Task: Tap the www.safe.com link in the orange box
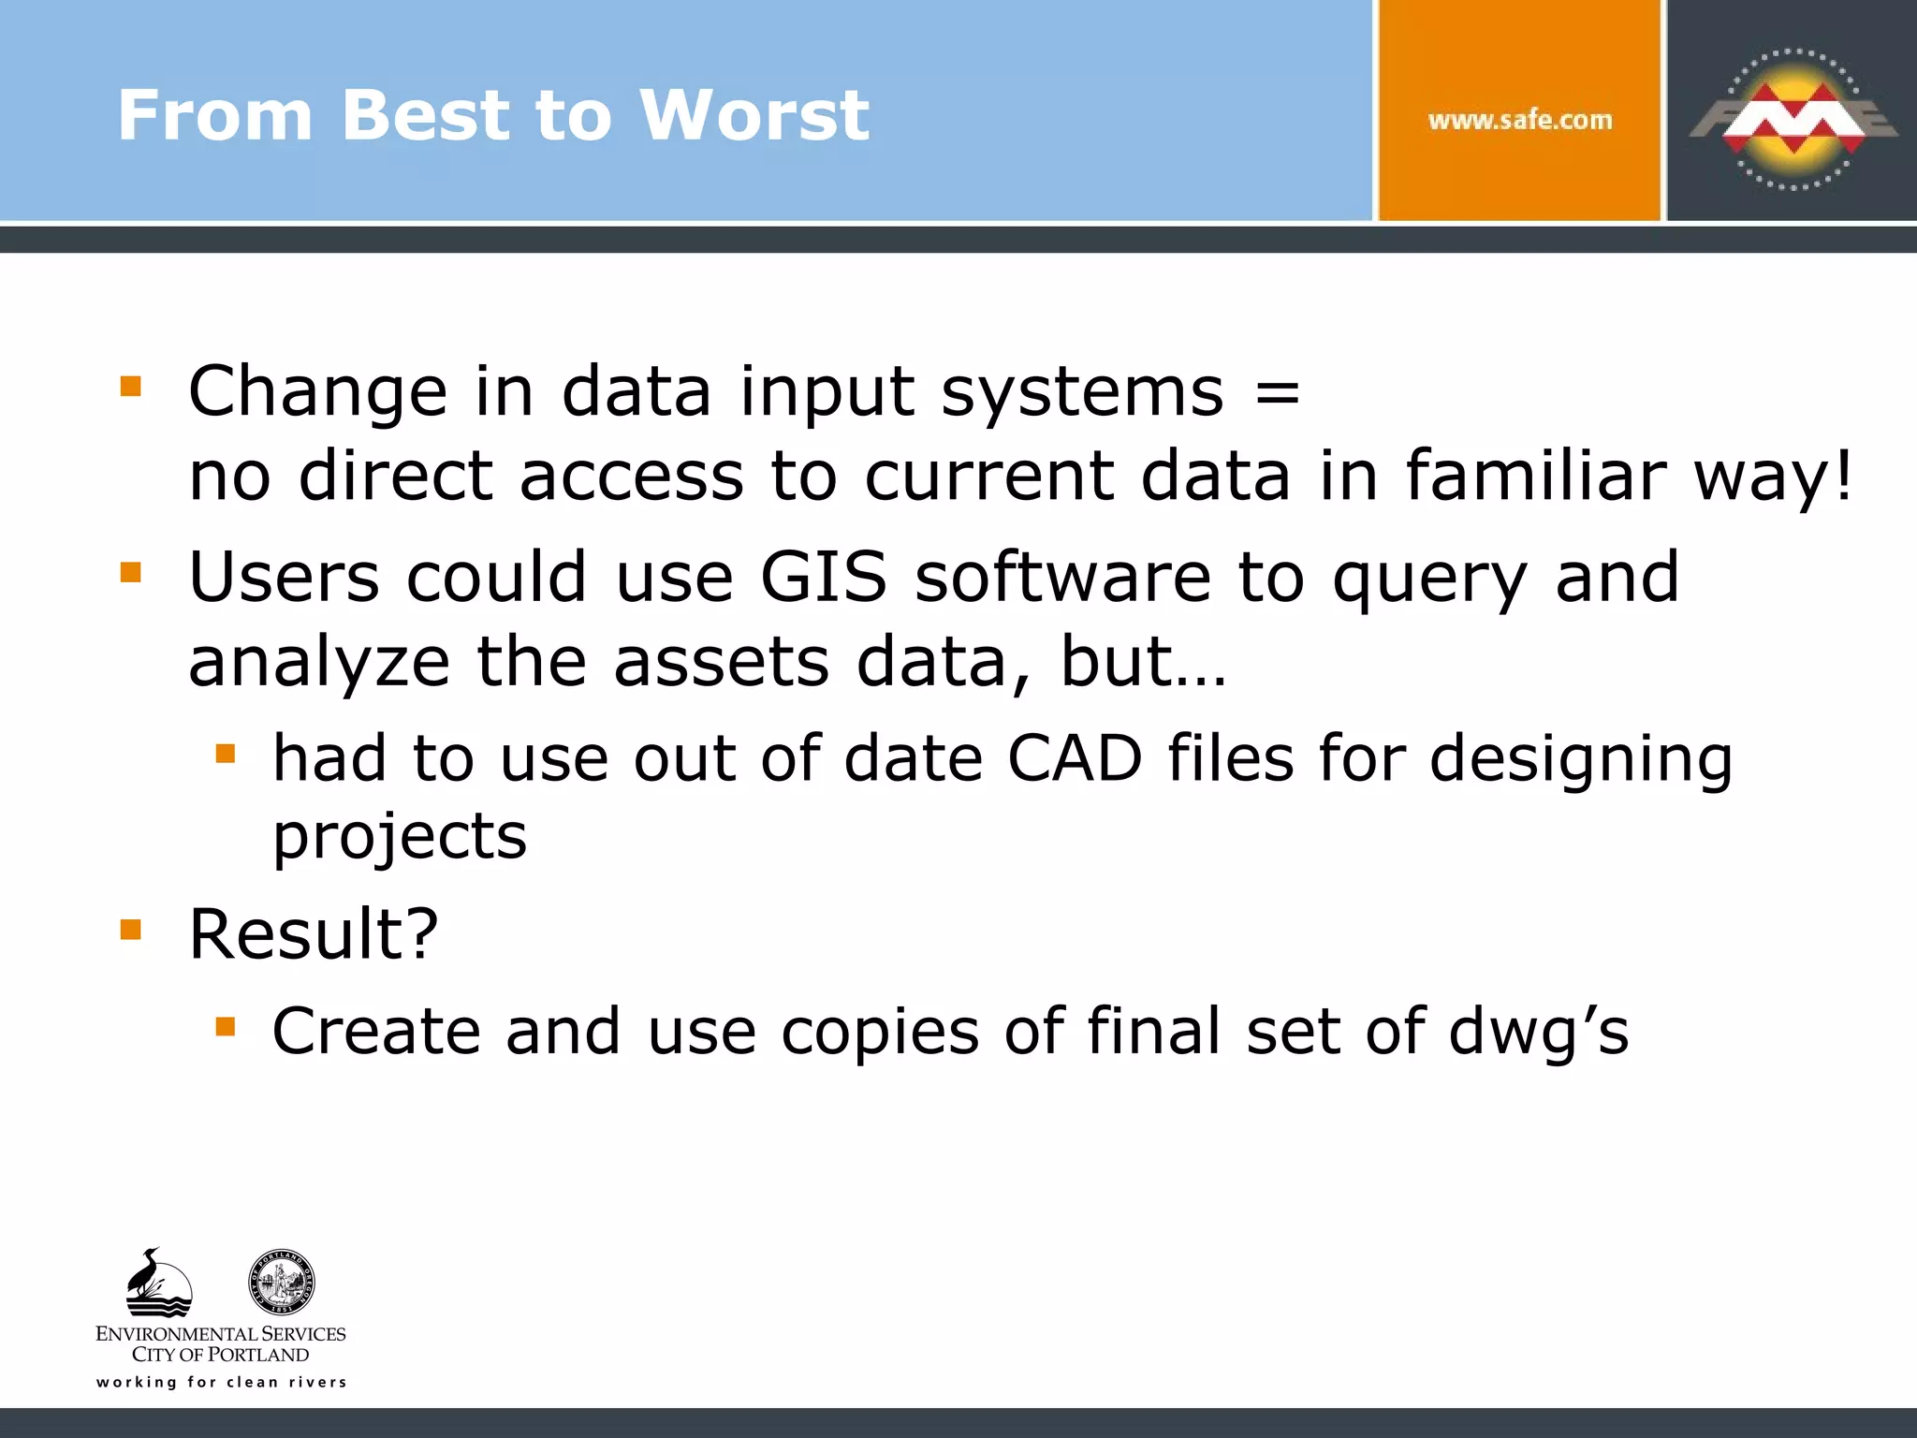click(x=1519, y=120)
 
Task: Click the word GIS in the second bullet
click(x=823, y=577)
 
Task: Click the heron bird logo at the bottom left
click(x=158, y=1283)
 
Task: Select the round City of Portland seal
click(x=281, y=1283)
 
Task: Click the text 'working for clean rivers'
click(x=221, y=1382)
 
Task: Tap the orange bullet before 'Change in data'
click(x=131, y=386)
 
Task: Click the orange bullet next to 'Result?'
click(x=131, y=929)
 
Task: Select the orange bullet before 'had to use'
click(x=225, y=753)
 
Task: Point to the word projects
click(x=400, y=835)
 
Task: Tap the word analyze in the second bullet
click(x=319, y=661)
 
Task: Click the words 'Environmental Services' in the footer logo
click(x=221, y=1333)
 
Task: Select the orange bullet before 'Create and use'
click(x=225, y=1027)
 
